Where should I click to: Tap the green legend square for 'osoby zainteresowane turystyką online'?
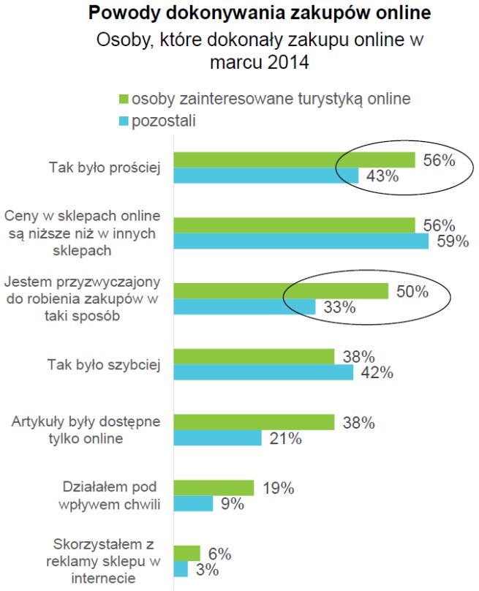(x=124, y=98)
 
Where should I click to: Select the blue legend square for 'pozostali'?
(x=124, y=120)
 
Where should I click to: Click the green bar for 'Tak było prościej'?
(x=294, y=160)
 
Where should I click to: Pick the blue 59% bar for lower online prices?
(x=301, y=241)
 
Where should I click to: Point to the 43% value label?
(x=382, y=176)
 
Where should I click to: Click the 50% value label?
(x=412, y=291)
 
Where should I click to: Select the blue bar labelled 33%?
(x=244, y=307)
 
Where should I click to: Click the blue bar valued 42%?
(x=263, y=372)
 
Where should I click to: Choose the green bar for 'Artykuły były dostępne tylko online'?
(x=254, y=422)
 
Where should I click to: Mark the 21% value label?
(x=284, y=439)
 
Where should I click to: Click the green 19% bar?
(x=214, y=488)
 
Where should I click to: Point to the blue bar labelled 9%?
(x=193, y=504)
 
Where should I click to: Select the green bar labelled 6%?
(x=186, y=553)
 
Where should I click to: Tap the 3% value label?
(x=211, y=570)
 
